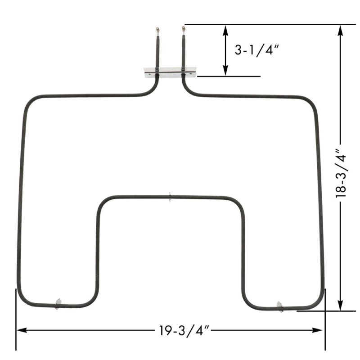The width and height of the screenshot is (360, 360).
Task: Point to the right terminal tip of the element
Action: tap(183, 30)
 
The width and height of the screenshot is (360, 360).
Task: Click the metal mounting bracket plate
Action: tap(170, 72)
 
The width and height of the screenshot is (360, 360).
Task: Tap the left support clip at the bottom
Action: tap(58, 304)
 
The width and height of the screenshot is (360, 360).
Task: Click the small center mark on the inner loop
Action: tap(170, 197)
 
